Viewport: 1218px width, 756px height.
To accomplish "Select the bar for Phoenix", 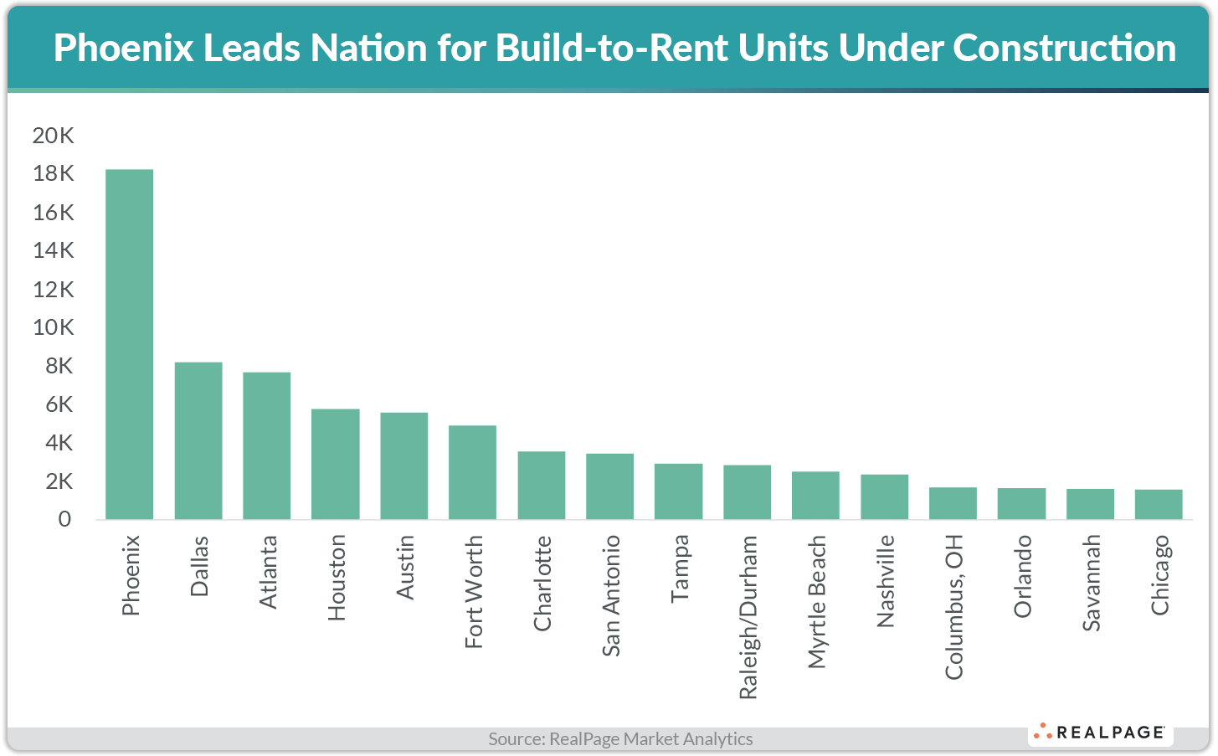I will pyautogui.click(x=129, y=344).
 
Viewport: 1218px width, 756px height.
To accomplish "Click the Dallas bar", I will pyautogui.click(x=198, y=440).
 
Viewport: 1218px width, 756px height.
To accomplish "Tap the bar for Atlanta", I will pyautogui.click(x=267, y=445).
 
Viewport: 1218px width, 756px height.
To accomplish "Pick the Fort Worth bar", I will pyautogui.click(x=472, y=472).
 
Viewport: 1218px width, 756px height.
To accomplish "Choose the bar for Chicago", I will pyautogui.click(x=1159, y=504).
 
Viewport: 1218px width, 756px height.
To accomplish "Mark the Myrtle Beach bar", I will pyautogui.click(x=815, y=495).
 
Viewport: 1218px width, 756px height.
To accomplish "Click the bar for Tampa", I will pyautogui.click(x=678, y=491).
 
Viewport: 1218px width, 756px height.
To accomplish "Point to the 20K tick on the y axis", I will pyautogui.click(x=53, y=136).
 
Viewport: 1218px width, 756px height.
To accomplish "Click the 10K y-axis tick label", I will pyautogui.click(x=53, y=327).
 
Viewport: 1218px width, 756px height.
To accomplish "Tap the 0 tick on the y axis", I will pyautogui.click(x=64, y=519).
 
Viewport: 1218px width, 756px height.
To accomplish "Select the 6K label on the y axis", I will pyautogui.click(x=59, y=404).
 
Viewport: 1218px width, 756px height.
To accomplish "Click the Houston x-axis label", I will pyautogui.click(x=337, y=578).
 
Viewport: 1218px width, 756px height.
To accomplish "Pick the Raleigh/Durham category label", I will pyautogui.click(x=748, y=617).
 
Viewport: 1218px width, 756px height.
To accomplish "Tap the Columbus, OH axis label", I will pyautogui.click(x=953, y=607).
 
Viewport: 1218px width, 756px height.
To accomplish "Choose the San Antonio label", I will pyautogui.click(x=611, y=595).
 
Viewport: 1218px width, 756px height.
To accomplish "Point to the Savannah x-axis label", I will pyautogui.click(x=1091, y=583).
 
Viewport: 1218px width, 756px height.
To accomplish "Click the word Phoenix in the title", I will pyautogui.click(x=123, y=49).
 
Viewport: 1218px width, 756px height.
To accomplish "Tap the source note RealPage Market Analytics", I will pyautogui.click(x=620, y=739).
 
